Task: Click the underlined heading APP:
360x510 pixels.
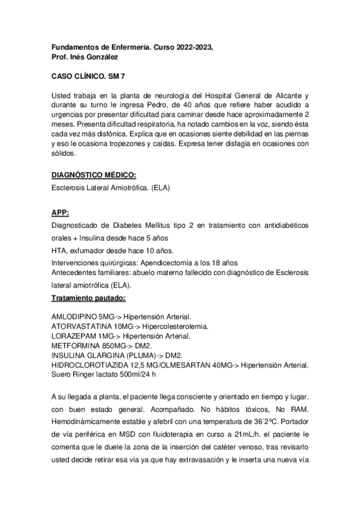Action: (x=60, y=212)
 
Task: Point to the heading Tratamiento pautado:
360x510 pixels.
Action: (x=89, y=298)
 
